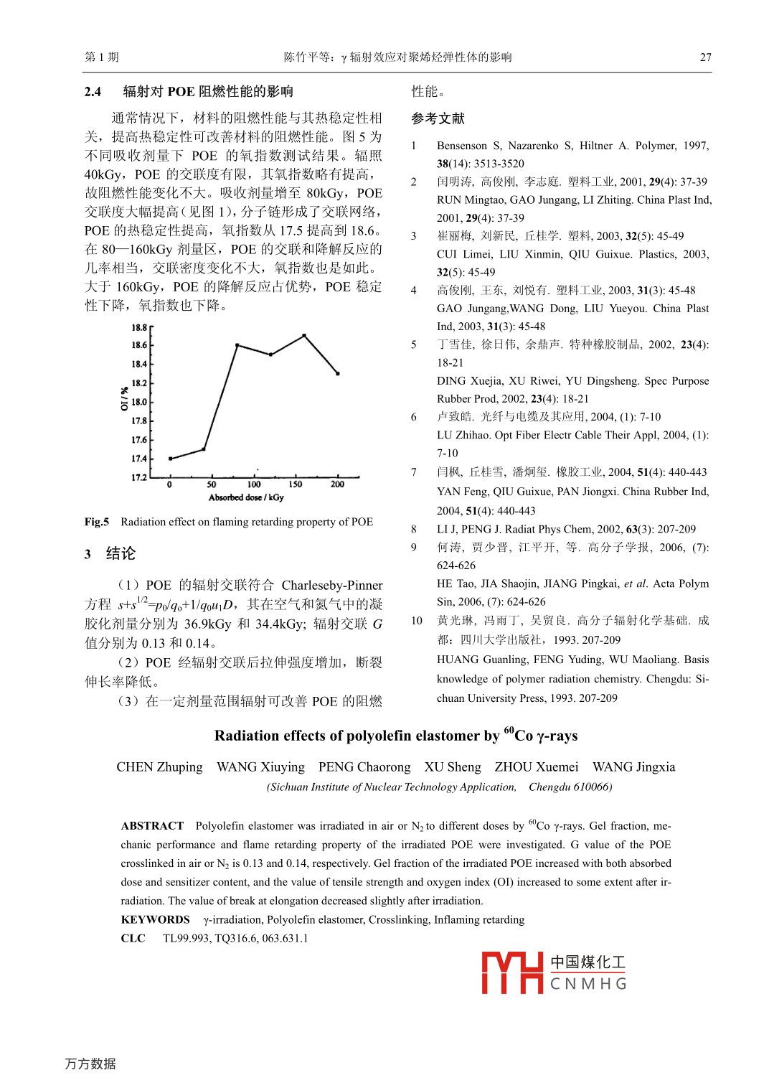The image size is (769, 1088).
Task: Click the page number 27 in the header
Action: click(705, 57)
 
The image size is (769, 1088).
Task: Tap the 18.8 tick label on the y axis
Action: click(138, 327)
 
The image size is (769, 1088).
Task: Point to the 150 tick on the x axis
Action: click(296, 484)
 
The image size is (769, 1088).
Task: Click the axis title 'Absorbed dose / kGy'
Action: click(246, 497)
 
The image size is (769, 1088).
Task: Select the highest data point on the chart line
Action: click(304, 335)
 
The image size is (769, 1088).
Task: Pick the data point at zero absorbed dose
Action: click(170, 459)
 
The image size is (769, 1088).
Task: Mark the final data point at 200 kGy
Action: click(337, 373)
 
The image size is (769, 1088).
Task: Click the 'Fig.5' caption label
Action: click(97, 522)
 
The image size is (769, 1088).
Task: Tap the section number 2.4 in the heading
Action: click(93, 92)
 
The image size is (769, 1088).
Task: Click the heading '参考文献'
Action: click(438, 118)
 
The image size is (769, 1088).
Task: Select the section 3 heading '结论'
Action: click(121, 553)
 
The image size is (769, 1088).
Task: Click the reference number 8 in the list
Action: click(414, 529)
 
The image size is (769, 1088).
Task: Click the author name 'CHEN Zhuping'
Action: click(159, 767)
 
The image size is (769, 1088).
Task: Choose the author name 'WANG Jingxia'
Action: click(633, 767)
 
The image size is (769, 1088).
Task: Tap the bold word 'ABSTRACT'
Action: click(152, 826)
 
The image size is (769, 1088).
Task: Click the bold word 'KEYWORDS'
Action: click(155, 920)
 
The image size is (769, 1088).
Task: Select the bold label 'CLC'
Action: click(133, 939)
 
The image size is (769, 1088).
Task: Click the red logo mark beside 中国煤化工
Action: click(511, 972)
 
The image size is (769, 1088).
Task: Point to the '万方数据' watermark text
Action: click(90, 1064)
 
